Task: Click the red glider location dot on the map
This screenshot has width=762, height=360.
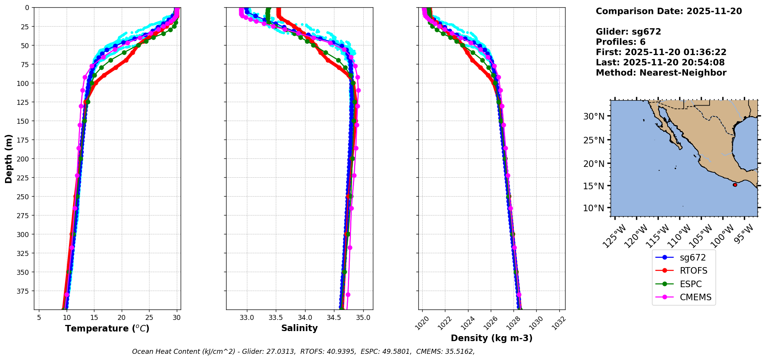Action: point(735,185)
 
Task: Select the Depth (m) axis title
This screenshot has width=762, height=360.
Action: point(9,158)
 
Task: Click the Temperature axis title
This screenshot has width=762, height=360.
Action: point(107,328)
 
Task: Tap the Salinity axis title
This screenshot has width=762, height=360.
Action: point(299,328)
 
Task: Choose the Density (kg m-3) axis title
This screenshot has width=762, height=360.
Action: point(492,338)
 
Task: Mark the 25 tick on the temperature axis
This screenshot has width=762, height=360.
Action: point(149,318)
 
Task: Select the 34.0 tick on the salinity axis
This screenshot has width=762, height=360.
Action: point(305,318)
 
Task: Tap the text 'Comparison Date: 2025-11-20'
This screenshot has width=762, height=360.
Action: point(669,11)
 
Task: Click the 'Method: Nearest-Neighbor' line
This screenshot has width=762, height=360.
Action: point(661,73)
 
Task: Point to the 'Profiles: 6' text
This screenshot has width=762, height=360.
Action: point(621,42)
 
